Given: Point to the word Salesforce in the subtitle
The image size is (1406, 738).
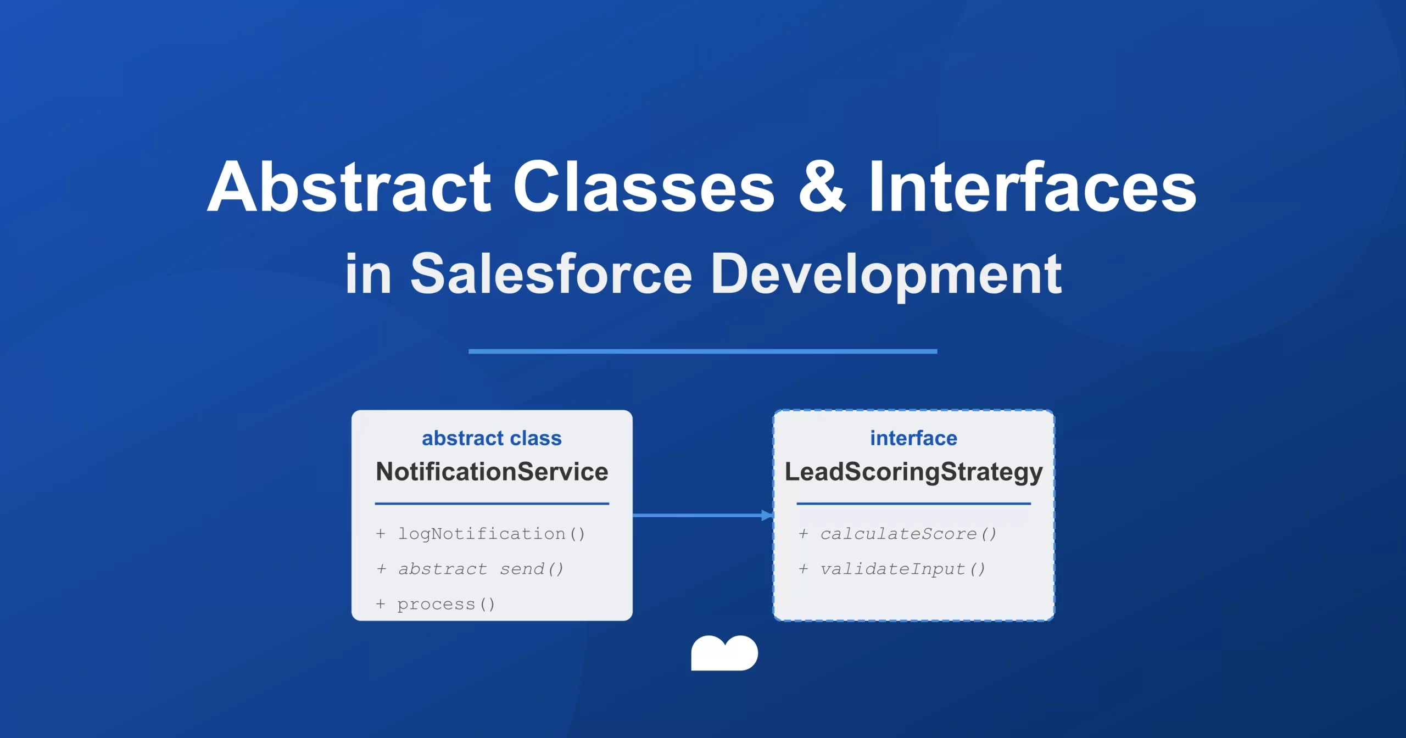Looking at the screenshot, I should tap(551, 273).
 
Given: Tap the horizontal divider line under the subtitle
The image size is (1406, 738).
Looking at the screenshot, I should tap(702, 351).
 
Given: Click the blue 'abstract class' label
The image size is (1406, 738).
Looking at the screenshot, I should tap(492, 438).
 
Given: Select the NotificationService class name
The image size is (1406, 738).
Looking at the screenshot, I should tap(492, 472).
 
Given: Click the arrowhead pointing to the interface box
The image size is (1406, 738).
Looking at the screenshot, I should tap(767, 515).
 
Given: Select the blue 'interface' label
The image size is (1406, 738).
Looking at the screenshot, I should tap(913, 438).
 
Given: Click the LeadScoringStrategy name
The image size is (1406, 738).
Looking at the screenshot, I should tap(913, 472).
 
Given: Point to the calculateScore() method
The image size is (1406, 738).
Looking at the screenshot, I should tap(908, 534).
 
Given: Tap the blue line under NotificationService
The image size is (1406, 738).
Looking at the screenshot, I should tap(492, 503).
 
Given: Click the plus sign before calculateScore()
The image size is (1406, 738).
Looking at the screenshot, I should tap(803, 534).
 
